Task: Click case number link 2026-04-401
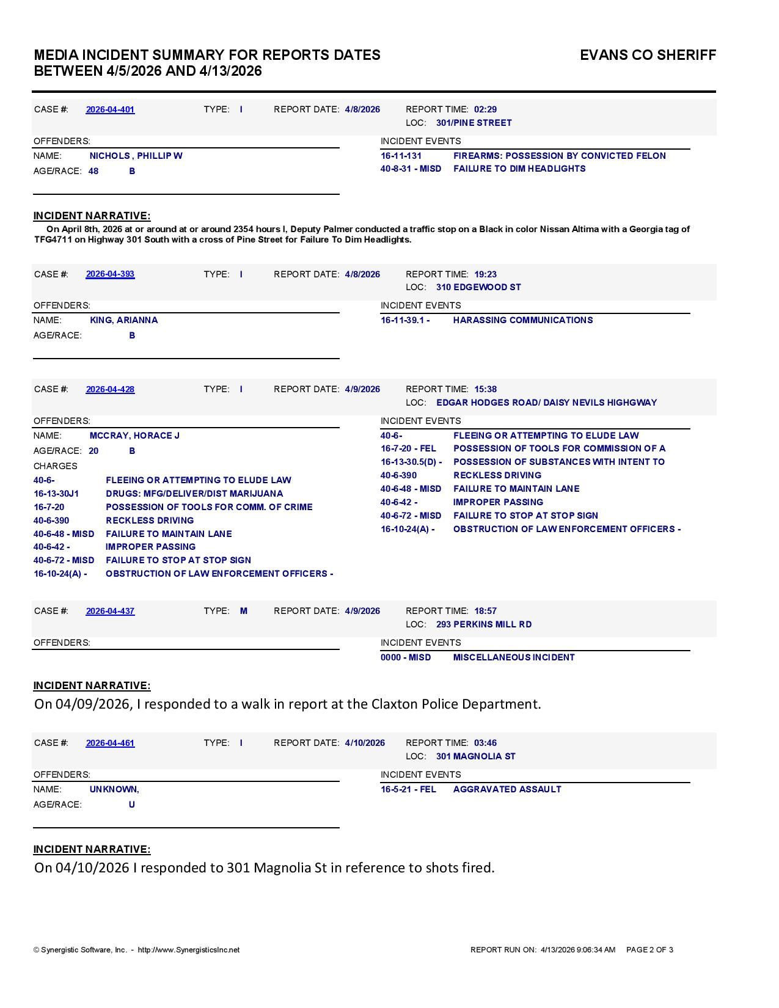(x=110, y=110)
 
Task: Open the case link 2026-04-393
(x=110, y=274)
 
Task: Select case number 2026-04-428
(x=110, y=390)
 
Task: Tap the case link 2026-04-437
(x=110, y=612)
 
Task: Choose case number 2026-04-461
(x=110, y=743)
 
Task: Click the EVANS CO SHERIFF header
(x=648, y=56)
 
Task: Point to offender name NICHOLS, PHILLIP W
(x=136, y=156)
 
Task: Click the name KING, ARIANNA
(x=123, y=321)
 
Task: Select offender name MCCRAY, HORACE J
(x=134, y=436)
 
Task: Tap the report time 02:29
(x=485, y=110)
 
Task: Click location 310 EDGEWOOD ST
(x=478, y=288)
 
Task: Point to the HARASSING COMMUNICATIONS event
(x=522, y=321)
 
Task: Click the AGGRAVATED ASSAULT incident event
(x=507, y=790)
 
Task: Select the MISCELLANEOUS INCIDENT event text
(x=514, y=658)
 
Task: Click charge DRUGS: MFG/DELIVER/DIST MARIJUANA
(x=194, y=494)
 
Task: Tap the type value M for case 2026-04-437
(x=244, y=612)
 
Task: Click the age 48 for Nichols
(x=93, y=172)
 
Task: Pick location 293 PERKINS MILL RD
(x=484, y=625)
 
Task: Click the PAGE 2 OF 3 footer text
(x=649, y=950)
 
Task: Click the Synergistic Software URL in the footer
(x=189, y=950)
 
